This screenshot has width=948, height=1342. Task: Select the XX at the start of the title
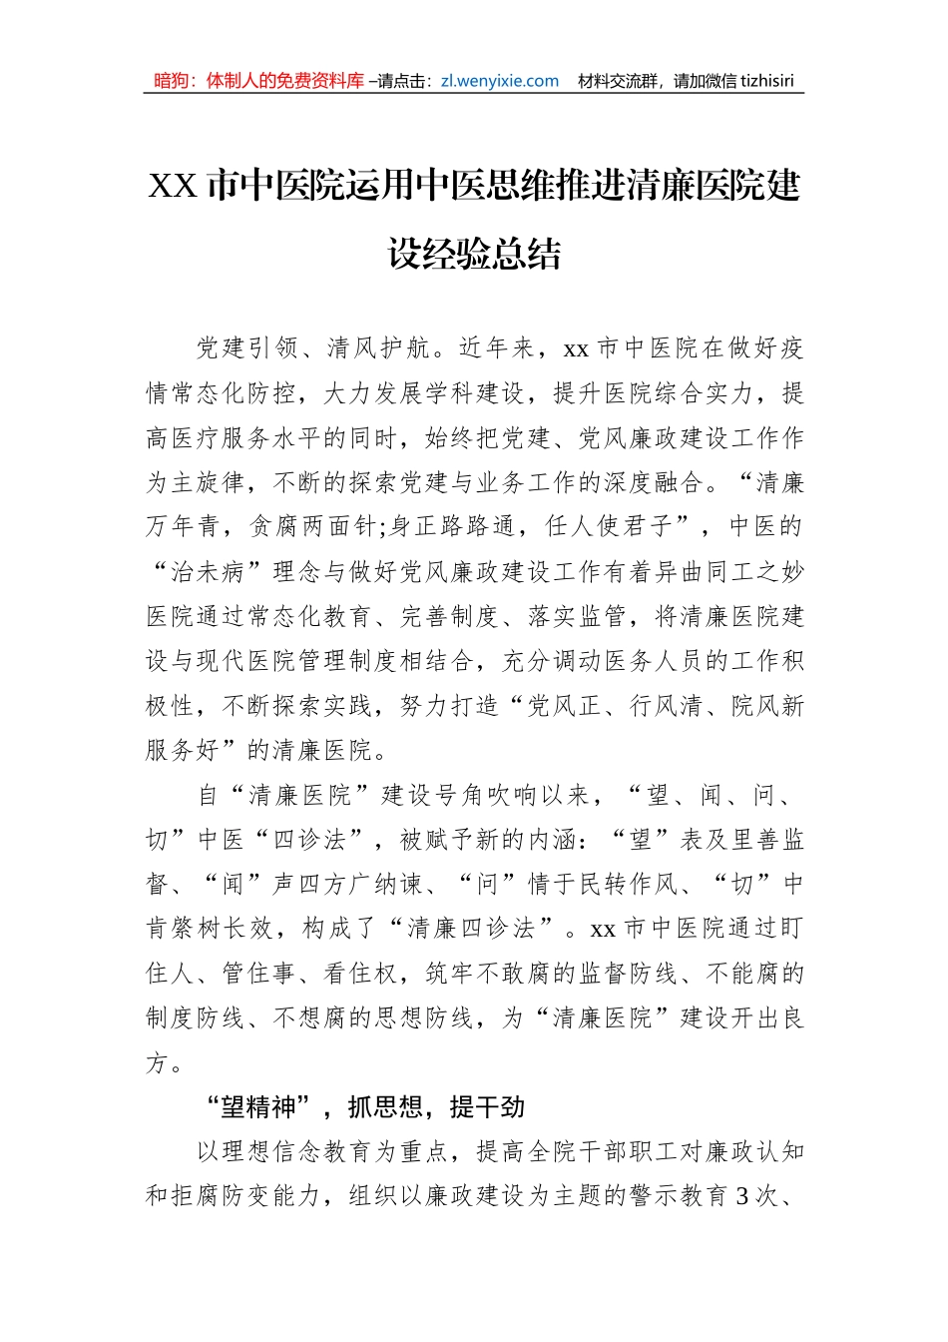click(x=173, y=187)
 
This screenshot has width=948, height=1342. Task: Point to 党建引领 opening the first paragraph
click(x=235, y=348)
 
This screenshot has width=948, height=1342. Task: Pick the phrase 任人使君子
click(x=613, y=527)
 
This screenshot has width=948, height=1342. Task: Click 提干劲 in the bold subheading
click(x=487, y=1107)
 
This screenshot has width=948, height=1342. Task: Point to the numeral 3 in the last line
click(x=741, y=1195)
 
